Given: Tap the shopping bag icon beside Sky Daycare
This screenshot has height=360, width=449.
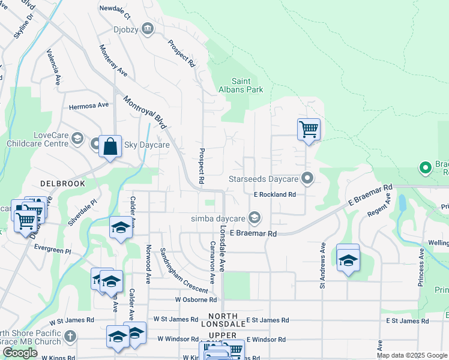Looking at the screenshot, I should point(110,146).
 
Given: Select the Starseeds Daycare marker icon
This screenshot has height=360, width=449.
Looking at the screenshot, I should point(308,178).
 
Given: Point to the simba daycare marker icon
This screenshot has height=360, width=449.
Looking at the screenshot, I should point(255,217).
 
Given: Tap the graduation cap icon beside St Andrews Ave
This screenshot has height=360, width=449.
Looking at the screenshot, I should point(348,259).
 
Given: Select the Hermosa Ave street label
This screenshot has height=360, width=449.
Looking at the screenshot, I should point(89,105).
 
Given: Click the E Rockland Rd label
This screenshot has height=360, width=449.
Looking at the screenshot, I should point(275,194).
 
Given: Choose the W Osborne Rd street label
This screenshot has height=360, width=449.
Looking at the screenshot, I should point(196,299).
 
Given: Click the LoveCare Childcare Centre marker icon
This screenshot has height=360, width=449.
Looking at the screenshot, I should point(77,139).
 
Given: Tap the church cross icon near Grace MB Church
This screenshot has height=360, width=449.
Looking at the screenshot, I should point(70,336).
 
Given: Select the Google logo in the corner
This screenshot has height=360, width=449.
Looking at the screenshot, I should point(20,353).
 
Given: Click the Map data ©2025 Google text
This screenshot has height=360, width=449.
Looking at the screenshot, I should point(412,355).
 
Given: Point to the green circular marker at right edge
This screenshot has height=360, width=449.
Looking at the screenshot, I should point(425,167).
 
